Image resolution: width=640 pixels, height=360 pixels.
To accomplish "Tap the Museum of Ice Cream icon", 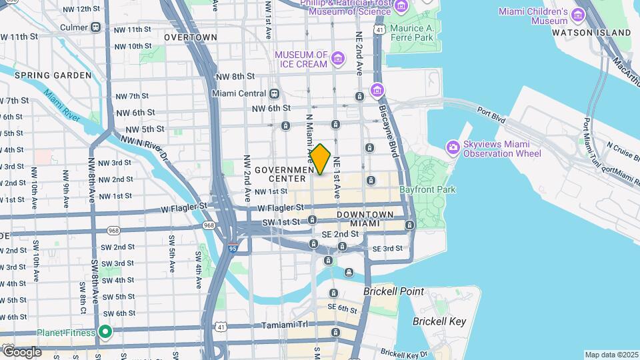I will (338, 59).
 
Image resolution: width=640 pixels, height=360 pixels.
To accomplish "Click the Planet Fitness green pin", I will (105, 331).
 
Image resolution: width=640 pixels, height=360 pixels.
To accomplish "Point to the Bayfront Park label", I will (427, 189).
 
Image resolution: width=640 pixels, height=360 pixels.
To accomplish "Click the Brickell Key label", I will (439, 321).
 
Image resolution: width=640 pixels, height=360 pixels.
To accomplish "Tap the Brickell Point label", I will (393, 292).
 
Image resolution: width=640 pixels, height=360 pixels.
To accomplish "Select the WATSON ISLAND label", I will (591, 33).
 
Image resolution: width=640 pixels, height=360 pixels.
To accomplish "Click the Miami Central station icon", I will (274, 93).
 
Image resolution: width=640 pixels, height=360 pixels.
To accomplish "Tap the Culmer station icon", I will (96, 27).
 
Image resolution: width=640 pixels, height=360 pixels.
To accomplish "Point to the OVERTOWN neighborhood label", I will (191, 37).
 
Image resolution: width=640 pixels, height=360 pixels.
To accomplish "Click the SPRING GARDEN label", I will (53, 75).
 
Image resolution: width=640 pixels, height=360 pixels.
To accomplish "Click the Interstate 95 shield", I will (231, 249).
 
